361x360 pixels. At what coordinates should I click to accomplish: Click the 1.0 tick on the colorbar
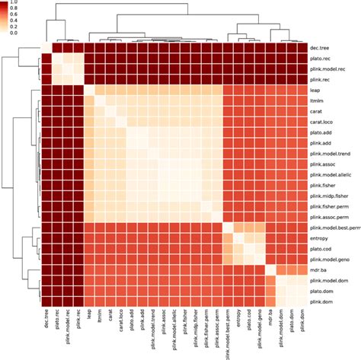(11, 3)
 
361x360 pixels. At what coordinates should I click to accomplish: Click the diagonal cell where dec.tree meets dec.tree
(46, 46)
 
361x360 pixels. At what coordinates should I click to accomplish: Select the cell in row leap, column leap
(89, 89)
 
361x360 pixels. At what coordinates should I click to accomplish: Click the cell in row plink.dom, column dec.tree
(46, 302)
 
